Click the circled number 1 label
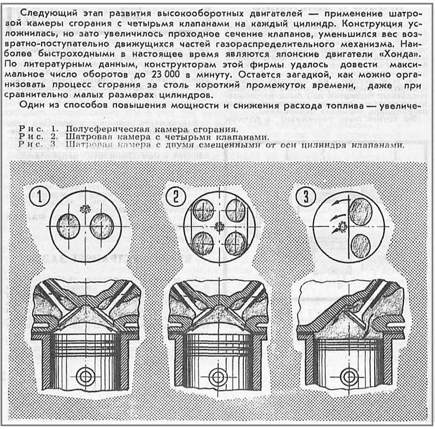pos(39,196)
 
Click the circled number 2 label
pos(174,196)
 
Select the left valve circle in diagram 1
pos(69,225)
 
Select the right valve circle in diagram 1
pos(101,225)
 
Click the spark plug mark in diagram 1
pos(86,209)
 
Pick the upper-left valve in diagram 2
pos(203,211)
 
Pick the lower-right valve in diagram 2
pos(235,243)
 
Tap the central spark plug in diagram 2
pos(219,227)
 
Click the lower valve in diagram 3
pos(360,246)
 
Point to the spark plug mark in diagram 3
pos(342,227)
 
